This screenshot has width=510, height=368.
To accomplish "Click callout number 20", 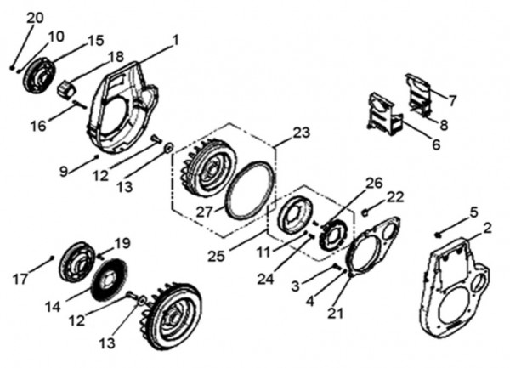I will (x=34, y=18).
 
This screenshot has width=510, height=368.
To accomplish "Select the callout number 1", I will (x=176, y=39).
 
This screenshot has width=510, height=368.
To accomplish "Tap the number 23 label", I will (x=302, y=132).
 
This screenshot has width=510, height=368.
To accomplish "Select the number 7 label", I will (x=452, y=100).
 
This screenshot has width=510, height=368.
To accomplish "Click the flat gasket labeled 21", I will (x=368, y=246).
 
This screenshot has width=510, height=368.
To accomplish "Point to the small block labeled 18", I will (x=66, y=88).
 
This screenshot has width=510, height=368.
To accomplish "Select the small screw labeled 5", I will (x=437, y=234).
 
